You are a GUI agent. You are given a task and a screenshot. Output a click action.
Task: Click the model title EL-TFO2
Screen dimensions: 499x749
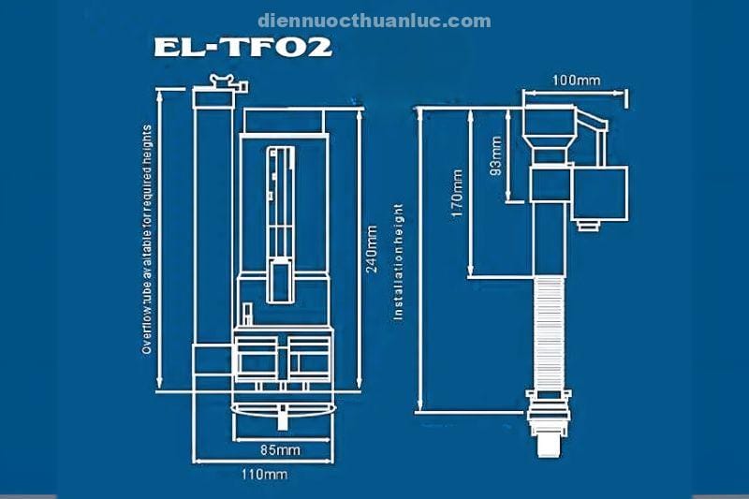pyautogui.click(x=242, y=47)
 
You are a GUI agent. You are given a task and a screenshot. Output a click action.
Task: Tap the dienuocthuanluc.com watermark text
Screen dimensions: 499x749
pyautogui.click(x=374, y=20)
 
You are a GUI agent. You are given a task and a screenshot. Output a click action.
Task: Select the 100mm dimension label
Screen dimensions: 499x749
pyautogui.click(x=575, y=81)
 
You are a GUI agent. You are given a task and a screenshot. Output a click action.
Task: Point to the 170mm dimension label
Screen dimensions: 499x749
pyautogui.click(x=457, y=193)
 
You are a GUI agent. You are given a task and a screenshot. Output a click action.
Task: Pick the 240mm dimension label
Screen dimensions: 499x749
pyautogui.click(x=372, y=248)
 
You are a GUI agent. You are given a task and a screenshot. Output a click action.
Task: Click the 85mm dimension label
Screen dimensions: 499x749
pyautogui.click(x=280, y=450)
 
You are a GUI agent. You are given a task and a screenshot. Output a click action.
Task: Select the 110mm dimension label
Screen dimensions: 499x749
pyautogui.click(x=264, y=475)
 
